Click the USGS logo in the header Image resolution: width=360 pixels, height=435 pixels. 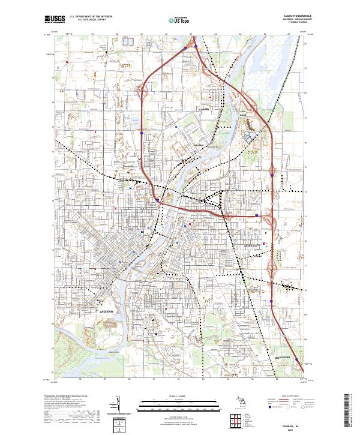55,19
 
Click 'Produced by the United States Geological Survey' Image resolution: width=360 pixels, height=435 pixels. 63,396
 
